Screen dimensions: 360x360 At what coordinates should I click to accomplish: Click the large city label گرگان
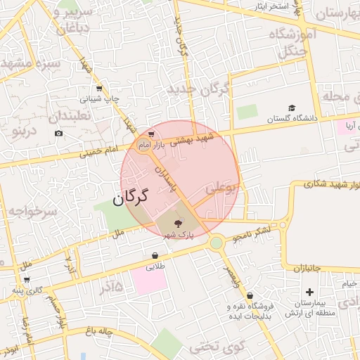point(131,195)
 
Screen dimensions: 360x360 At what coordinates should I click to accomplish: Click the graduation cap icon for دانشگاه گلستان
point(291,108)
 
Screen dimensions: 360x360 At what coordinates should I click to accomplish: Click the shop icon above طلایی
point(155,256)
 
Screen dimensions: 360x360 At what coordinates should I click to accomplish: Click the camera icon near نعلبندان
point(58,133)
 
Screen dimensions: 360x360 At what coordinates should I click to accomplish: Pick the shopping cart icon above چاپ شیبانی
point(98,89)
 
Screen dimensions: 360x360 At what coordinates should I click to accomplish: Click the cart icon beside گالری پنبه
point(26,280)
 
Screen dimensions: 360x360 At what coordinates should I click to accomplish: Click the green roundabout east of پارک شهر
point(217,243)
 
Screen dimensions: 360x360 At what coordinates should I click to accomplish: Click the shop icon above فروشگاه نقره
point(250,296)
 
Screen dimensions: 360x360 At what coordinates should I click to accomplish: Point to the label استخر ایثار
point(269,6)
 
